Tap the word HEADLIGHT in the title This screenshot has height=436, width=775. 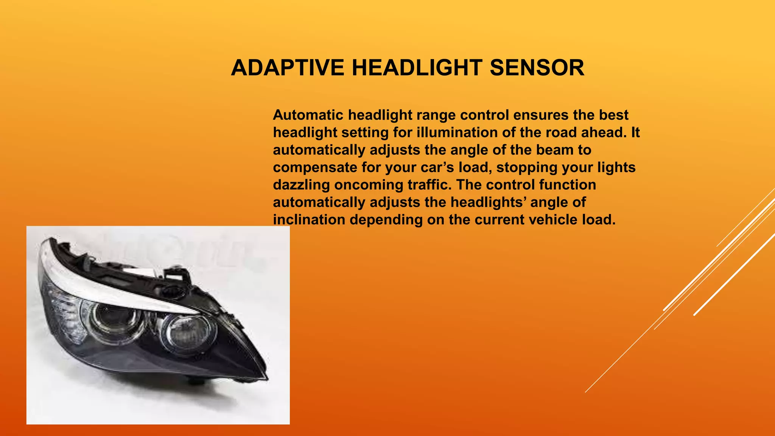pos(417,68)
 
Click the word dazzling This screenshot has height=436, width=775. pos(301,185)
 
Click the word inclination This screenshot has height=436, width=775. pos(309,220)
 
